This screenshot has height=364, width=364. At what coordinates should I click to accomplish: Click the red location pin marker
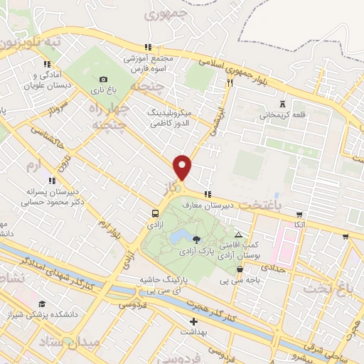[183, 167]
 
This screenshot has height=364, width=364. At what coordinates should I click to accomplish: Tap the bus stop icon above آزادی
[155, 213]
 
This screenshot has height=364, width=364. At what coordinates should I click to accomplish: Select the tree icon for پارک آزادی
[197, 239]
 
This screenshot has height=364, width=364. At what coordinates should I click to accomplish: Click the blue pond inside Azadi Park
[181, 235]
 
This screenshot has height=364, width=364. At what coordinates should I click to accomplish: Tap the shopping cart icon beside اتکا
[299, 214]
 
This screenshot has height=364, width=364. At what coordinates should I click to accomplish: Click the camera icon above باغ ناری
[103, 80]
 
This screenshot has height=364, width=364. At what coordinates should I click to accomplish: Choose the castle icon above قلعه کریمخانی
[283, 102]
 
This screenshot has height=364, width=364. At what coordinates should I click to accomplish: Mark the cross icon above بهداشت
[193, 321]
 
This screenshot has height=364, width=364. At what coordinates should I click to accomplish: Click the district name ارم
[32, 166]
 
